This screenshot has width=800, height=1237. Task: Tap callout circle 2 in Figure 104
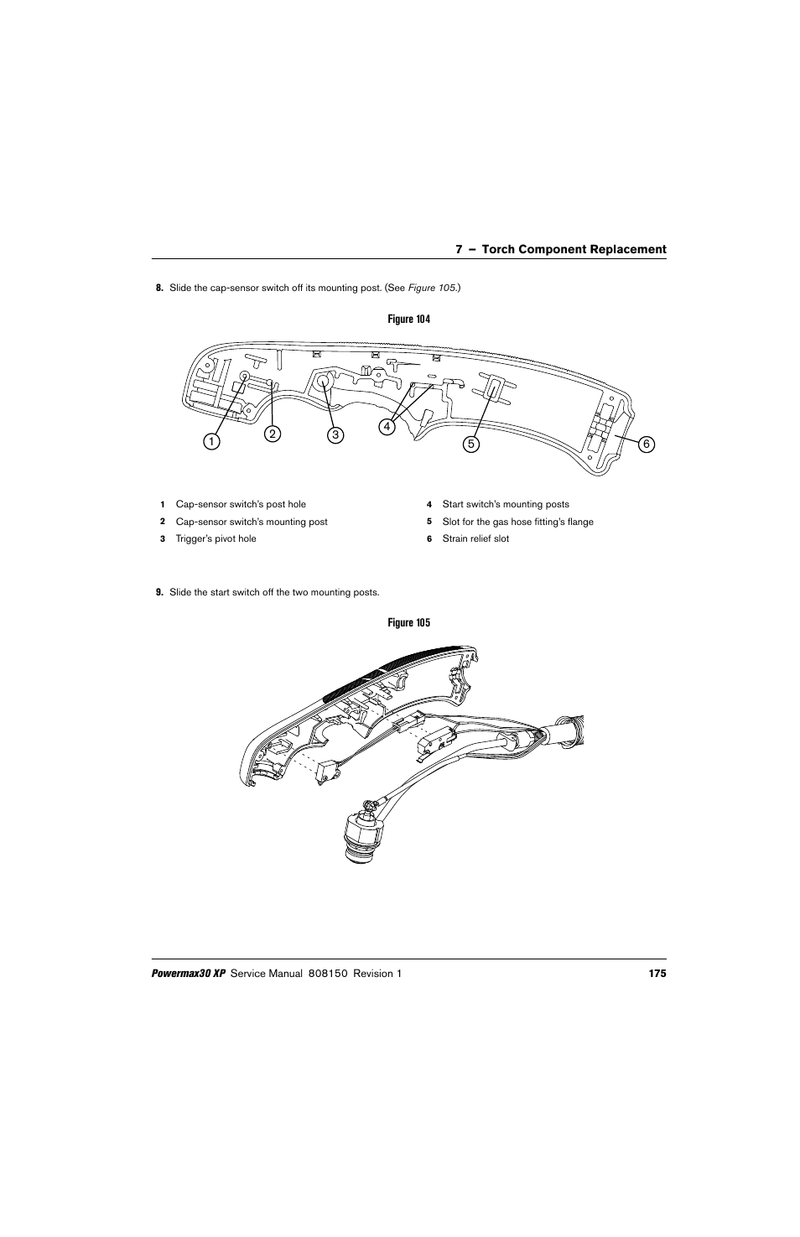tap(273, 434)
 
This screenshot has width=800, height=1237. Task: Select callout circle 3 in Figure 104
tap(335, 434)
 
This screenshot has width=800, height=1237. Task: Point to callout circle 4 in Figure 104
tap(387, 426)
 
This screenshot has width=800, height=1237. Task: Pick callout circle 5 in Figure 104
tap(472, 444)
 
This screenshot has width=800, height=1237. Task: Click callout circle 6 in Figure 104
tap(646, 444)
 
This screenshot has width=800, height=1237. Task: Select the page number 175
tap(657, 974)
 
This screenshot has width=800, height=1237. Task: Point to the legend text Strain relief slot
tap(475, 538)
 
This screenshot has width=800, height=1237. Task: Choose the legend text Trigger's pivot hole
tap(216, 538)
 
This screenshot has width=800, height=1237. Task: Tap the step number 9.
tap(158, 592)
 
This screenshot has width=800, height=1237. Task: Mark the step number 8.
tap(158, 288)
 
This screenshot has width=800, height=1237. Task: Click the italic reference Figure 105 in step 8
tap(432, 288)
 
